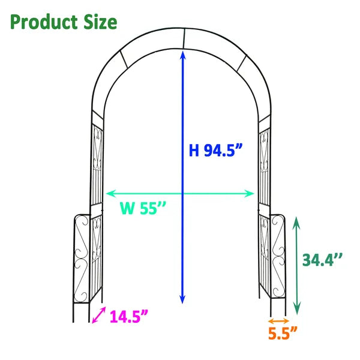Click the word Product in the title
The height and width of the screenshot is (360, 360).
43,22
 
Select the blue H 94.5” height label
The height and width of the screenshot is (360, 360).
215,150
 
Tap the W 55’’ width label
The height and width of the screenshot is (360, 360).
142,209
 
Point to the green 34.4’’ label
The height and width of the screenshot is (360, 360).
322,260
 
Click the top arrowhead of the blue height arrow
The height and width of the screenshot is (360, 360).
182,54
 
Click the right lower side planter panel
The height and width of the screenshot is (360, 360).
277,257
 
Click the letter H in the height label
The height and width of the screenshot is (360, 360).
194,150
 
